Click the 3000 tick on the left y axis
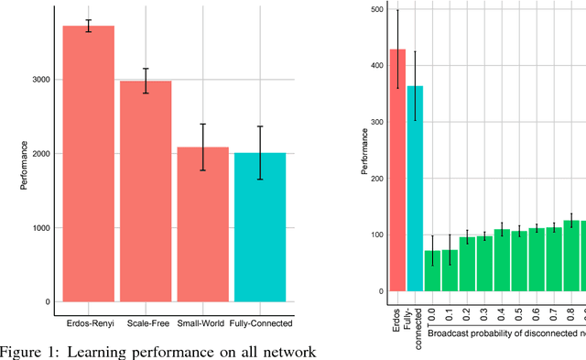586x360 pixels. pos(39,80)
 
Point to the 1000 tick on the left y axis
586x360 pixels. pos(39,228)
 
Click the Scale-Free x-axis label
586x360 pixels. pos(146,323)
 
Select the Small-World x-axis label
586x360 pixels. pos(203,323)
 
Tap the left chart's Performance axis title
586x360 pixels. pos(25,165)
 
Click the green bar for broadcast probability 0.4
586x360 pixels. pos(502,260)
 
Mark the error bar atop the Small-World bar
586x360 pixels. pos(203,147)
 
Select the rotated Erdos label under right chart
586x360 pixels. pos(397,313)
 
